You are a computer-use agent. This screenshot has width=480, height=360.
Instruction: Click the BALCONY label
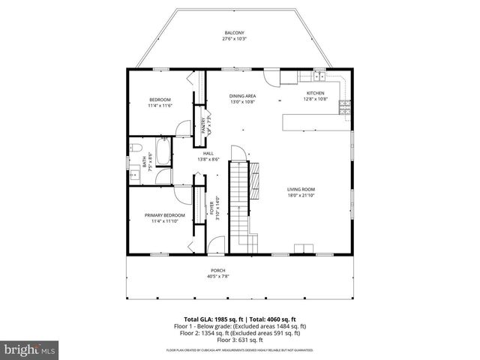click(234, 32)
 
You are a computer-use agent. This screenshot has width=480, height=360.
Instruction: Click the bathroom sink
click(134, 176)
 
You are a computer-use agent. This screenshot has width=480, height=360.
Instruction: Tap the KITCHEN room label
click(314, 93)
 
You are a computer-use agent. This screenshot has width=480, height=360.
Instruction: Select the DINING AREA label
click(242, 96)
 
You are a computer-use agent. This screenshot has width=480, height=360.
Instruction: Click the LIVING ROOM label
click(301, 190)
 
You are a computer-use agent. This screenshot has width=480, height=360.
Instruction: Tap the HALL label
click(208, 154)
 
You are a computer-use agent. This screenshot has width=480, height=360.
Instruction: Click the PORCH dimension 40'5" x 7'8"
click(217, 276)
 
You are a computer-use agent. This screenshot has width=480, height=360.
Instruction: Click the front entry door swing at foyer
click(217, 246)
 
